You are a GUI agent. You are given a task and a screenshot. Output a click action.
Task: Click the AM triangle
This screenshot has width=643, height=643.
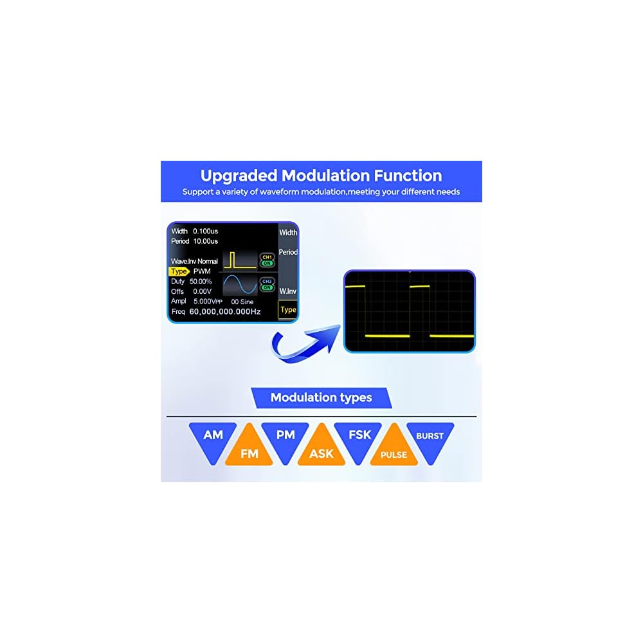pos(213,439)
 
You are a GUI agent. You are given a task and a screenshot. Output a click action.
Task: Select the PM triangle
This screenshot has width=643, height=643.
pos(285,439)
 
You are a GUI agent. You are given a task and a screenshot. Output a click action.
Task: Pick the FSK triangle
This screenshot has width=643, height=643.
pos(359,439)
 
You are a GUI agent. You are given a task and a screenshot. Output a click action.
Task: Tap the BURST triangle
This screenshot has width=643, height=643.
pos(430,439)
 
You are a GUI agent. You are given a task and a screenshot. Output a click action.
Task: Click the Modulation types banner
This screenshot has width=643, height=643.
pos(321,397)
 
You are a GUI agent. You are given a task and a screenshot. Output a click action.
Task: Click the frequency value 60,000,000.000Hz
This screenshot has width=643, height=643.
pos(225,311)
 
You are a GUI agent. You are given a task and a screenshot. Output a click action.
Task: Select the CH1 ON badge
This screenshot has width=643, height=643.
pos(267,260)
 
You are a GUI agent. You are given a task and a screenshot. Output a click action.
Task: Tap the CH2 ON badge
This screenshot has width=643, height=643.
pos(267,284)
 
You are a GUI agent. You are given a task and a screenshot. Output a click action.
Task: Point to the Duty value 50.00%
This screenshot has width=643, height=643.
pos(201,282)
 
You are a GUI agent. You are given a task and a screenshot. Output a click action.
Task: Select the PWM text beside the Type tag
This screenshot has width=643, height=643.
pos(202,271)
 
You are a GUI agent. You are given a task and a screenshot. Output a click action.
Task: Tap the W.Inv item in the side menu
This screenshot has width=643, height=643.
pos(288,291)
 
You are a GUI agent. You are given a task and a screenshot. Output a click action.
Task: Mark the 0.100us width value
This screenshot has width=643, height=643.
pos(206,231)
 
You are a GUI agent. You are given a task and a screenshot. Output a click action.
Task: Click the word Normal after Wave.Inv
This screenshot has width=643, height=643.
pos(208,262)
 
